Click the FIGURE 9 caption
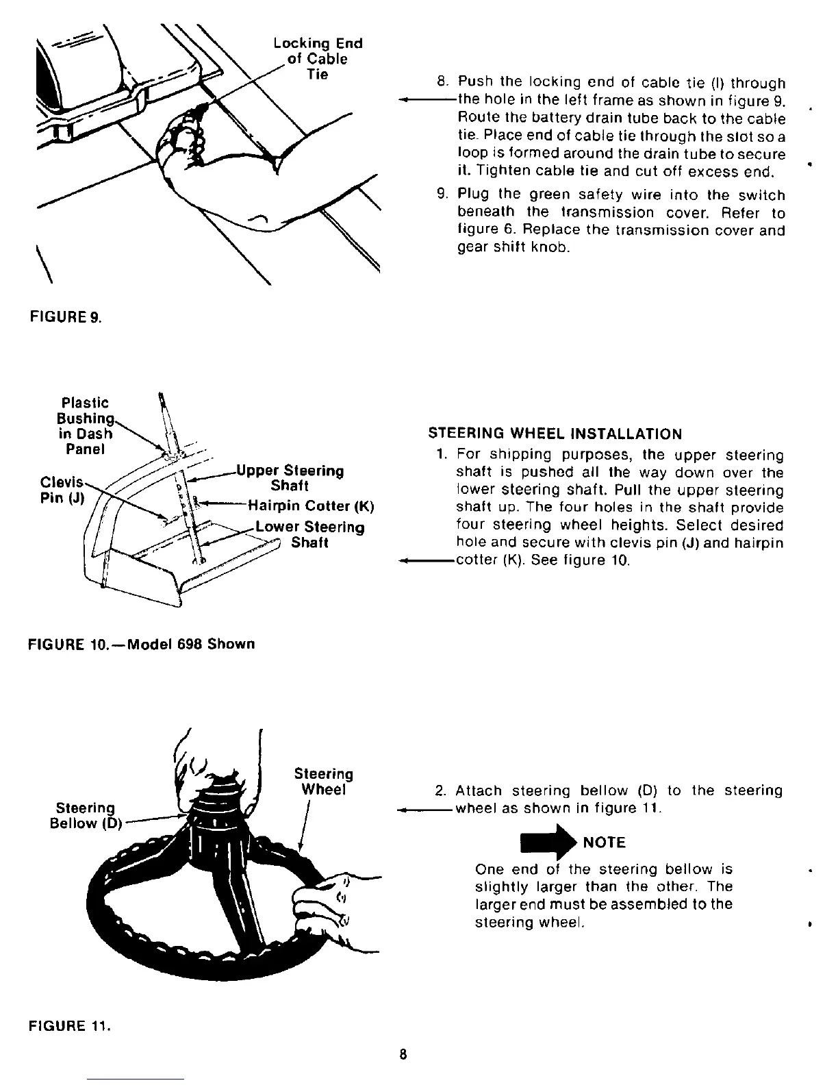tap(65, 318)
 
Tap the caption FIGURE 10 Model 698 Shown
tap(141, 645)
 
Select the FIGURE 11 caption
tap(69, 1026)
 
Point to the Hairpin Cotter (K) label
tap(311, 508)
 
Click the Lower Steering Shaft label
tap(309, 535)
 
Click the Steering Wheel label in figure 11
tap(324, 782)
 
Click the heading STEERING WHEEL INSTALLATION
tap(555, 434)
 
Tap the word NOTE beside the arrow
tap(604, 843)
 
